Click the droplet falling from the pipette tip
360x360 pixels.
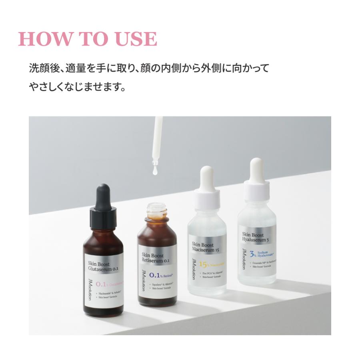154,172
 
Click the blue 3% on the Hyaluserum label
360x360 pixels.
252,254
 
